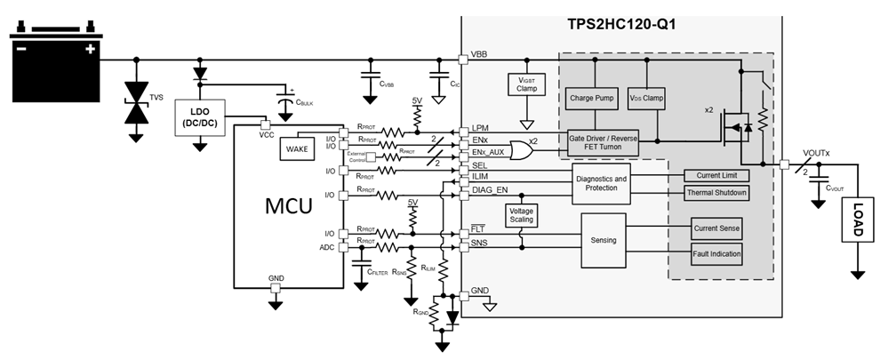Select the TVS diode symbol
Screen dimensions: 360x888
coord(136,102)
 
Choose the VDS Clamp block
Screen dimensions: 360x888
coord(646,99)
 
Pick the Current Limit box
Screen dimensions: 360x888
coord(716,175)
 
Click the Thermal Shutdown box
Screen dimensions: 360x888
coord(716,193)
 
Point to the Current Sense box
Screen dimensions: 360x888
coord(716,228)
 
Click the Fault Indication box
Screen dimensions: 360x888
coord(716,255)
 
